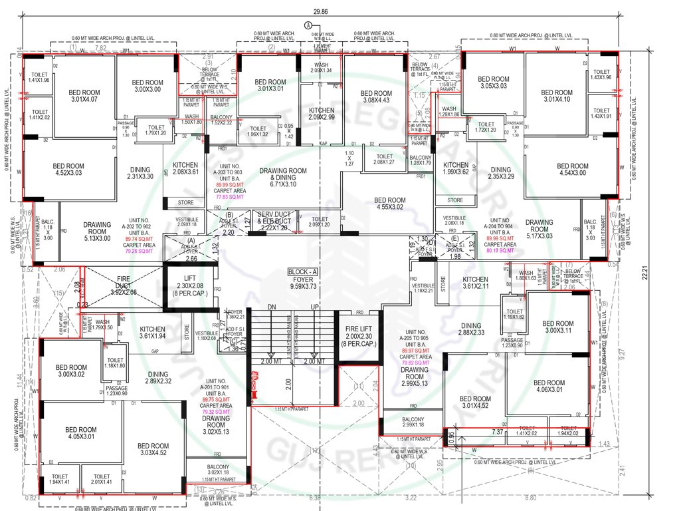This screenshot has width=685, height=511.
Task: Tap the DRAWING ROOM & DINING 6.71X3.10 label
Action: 287,174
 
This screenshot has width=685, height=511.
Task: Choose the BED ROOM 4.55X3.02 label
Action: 389,204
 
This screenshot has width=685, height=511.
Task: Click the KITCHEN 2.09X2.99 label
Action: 322,114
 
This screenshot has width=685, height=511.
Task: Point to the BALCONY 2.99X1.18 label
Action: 413,421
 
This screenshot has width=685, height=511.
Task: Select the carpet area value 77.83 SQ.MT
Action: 229,198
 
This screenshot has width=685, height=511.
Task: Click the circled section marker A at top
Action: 308,25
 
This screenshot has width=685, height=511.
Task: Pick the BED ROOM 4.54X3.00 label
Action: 572,170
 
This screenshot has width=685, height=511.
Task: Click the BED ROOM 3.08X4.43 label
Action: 376,97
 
